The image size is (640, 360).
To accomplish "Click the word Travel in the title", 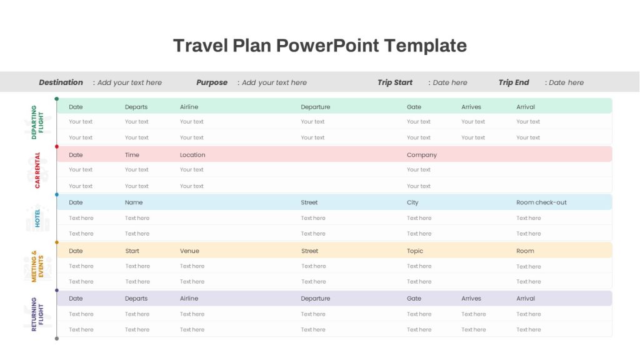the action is click(x=201, y=45).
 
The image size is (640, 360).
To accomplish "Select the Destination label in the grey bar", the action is click(x=61, y=82).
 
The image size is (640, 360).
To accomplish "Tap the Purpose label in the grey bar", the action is click(x=212, y=82).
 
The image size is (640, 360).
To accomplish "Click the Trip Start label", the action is click(x=395, y=82).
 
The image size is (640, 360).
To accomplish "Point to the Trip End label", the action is click(x=514, y=82).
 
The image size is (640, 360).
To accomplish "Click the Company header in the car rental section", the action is click(x=422, y=155).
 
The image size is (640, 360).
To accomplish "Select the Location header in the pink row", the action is click(x=192, y=155).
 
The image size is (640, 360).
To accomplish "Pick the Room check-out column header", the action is click(x=541, y=202).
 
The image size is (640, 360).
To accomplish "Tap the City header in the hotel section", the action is click(x=412, y=202).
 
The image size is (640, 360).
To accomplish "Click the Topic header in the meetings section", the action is click(x=415, y=251).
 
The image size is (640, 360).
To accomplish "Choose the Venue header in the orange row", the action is click(x=189, y=251).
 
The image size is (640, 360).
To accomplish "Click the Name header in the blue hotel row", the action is click(x=134, y=202).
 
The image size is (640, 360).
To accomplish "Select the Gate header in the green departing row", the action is click(x=414, y=106).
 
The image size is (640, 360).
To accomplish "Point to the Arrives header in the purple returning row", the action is click(x=471, y=298).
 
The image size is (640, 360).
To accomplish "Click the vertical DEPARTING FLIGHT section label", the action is click(x=37, y=122).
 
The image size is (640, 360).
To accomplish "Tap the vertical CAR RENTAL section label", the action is click(x=37, y=170).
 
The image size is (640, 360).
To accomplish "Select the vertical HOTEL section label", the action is click(x=37, y=218).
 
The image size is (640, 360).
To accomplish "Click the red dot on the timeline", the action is click(x=57, y=146).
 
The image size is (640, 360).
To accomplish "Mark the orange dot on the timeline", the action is click(x=57, y=242).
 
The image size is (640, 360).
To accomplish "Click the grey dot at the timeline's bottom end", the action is click(x=57, y=338).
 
